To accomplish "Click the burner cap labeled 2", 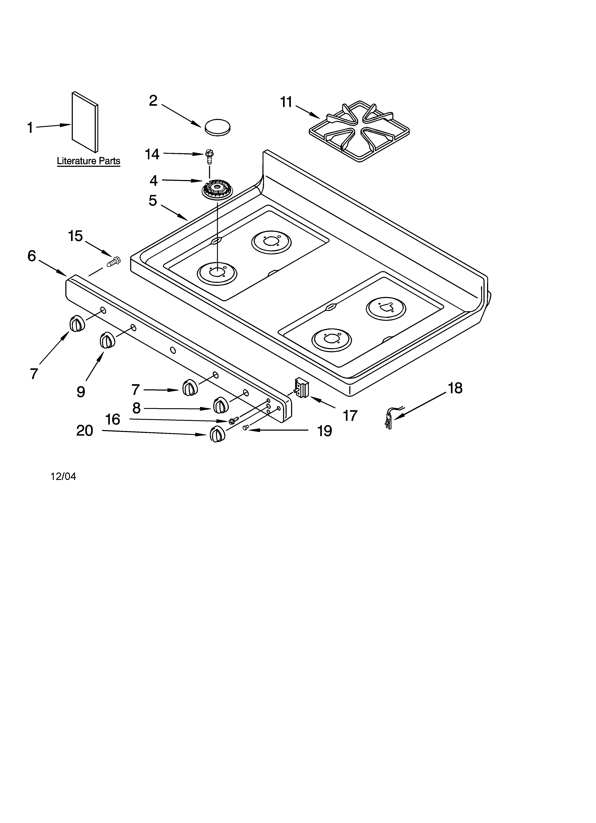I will [218, 127].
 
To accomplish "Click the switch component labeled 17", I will [302, 388].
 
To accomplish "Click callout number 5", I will [153, 200].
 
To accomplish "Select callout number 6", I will [32, 256].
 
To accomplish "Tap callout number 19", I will [325, 431].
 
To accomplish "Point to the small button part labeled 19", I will [245, 428].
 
